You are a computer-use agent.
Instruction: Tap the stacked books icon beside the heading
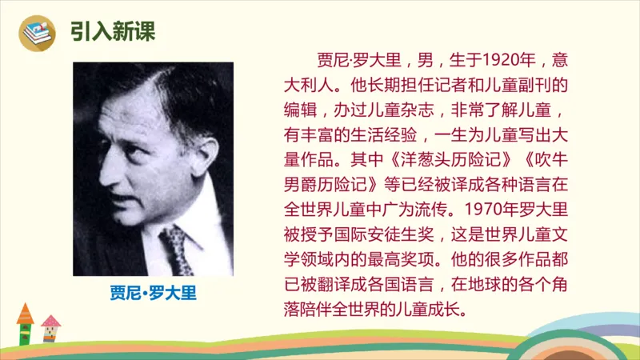click(37, 32)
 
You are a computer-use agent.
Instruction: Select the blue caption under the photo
click(153, 293)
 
